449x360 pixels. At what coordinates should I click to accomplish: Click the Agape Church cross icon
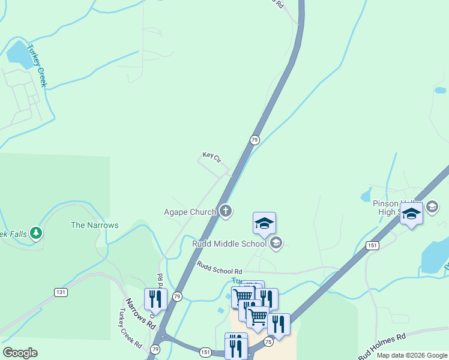[226, 211]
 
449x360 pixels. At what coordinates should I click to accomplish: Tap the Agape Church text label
[190, 212]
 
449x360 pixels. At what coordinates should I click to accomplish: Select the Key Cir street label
[212, 157]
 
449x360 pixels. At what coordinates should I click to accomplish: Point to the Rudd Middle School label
[229, 244]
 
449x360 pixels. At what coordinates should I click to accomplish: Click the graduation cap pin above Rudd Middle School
[264, 223]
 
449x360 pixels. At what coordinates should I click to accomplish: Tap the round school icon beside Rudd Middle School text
[276, 243]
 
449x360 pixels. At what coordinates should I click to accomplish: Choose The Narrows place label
[95, 225]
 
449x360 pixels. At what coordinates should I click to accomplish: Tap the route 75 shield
[268, 341]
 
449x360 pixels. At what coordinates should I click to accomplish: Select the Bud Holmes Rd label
[382, 346]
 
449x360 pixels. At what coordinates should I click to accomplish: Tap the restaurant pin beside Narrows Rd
[155, 299]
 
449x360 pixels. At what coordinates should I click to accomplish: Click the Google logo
[20, 353]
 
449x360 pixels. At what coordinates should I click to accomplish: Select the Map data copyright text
[412, 355]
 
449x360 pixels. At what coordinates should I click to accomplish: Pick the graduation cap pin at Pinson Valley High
[412, 215]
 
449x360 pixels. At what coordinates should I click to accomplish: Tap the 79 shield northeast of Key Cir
[255, 140]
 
